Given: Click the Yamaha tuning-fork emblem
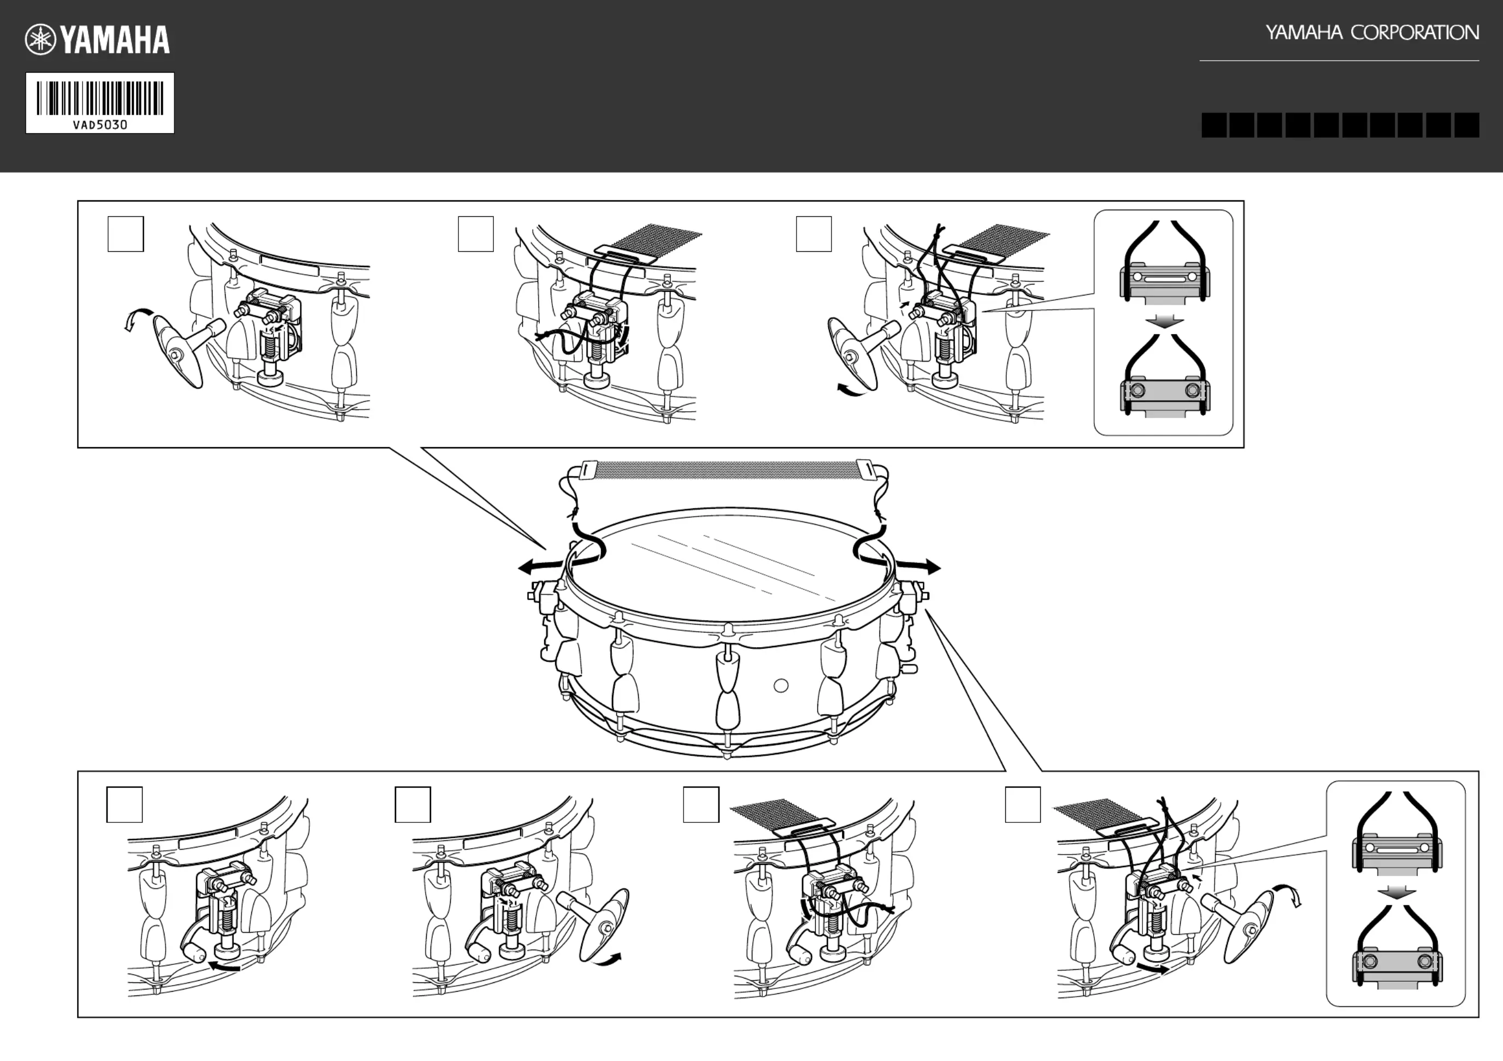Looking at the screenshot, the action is [40, 40].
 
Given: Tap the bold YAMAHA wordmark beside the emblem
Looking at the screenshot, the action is [115, 40].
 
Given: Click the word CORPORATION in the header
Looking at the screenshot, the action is [1414, 33].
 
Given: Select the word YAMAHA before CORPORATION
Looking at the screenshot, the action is [1304, 33].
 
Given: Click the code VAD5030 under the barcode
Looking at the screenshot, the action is [100, 125].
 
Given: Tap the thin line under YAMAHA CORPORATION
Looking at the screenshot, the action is [1339, 61].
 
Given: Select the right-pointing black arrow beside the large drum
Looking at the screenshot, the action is [918, 566].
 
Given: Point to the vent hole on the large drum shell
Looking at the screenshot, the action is [781, 685].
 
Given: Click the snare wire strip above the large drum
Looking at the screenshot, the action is [727, 469].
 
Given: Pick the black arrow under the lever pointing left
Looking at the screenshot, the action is [225, 965].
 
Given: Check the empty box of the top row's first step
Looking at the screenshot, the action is [126, 234].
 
